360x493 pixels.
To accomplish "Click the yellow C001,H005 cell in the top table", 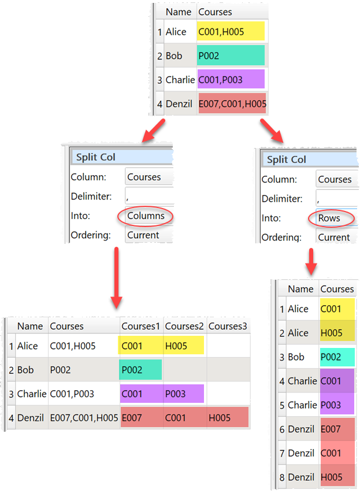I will [231, 31].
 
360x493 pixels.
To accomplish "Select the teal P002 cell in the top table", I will [231, 55].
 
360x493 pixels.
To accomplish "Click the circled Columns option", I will [146, 216].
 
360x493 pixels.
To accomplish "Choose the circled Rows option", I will [329, 218].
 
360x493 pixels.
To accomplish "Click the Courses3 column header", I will [228, 326].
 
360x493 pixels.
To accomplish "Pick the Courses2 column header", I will [184, 326].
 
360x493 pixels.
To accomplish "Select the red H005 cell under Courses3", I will [228, 417].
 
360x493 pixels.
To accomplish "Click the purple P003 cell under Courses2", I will [184, 394].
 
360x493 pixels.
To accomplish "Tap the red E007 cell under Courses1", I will [141, 417].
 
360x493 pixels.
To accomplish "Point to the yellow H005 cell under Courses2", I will [184, 346].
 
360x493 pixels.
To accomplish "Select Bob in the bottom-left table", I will [27, 370].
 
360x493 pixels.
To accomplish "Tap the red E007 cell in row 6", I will [337, 429].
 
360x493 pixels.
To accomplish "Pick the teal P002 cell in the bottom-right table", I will [337, 357].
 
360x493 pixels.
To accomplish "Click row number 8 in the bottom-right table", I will [282, 477].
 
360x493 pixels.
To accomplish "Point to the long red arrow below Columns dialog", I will [116, 277].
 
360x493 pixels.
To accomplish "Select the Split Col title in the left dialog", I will [95, 157].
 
